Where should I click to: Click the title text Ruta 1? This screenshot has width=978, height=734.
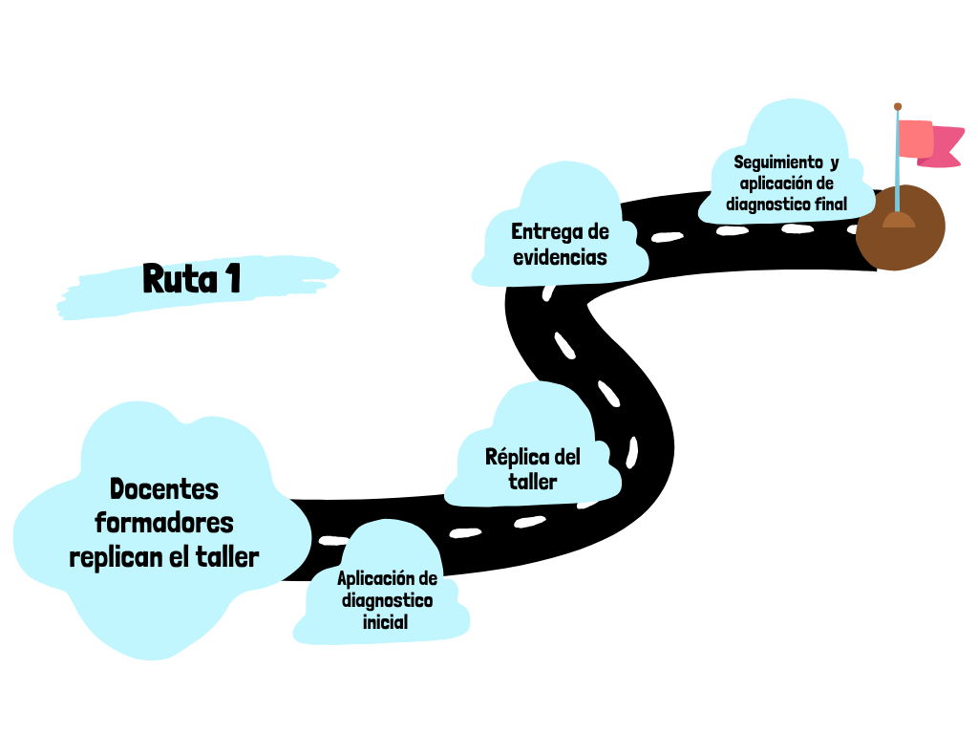[x=191, y=278]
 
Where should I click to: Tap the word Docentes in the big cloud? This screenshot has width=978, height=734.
[x=164, y=489]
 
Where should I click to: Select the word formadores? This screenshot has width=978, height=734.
[x=164, y=523]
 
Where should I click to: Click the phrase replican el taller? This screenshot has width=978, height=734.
[x=164, y=557]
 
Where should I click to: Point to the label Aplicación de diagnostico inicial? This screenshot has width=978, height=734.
[x=387, y=600]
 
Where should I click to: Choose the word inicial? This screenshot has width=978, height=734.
[x=386, y=622]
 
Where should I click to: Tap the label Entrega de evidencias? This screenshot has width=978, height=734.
[x=560, y=244]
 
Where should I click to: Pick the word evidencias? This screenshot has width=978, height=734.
[x=560, y=257]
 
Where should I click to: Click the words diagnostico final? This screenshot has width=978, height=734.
[x=786, y=204]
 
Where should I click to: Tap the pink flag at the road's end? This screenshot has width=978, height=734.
[x=925, y=142]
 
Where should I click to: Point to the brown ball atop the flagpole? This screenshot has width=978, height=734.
[x=898, y=106]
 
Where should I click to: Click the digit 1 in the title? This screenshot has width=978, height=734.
[x=232, y=278]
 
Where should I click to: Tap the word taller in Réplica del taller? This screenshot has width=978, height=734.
[x=533, y=482]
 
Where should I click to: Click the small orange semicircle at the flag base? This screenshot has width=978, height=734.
[x=898, y=221]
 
